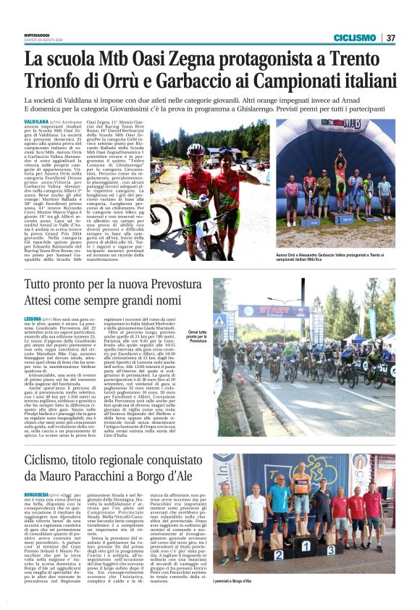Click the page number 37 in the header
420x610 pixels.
pyautogui.click(x=390, y=38)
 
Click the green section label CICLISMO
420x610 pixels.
pyautogui.click(x=354, y=38)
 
